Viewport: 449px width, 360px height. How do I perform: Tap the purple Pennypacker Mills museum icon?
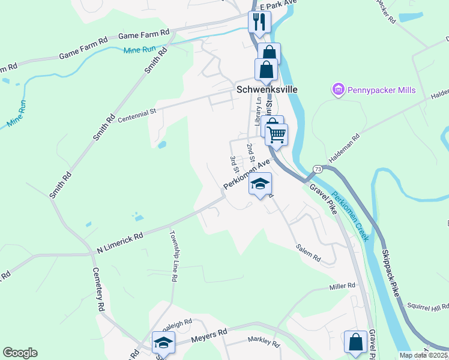tap(337, 90)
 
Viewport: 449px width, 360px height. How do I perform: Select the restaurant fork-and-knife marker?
tap(259, 22)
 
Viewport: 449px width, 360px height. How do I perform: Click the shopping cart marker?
tap(276, 134)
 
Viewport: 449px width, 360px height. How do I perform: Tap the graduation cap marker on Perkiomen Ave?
tap(261, 184)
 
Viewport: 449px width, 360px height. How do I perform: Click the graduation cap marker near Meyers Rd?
tap(163, 343)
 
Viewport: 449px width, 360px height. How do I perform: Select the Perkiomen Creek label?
tap(349, 216)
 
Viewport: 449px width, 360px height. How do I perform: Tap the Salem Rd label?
tap(308, 254)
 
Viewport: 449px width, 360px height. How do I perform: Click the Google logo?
tap(20, 353)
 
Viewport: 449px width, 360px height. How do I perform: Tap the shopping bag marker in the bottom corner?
tap(355, 342)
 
